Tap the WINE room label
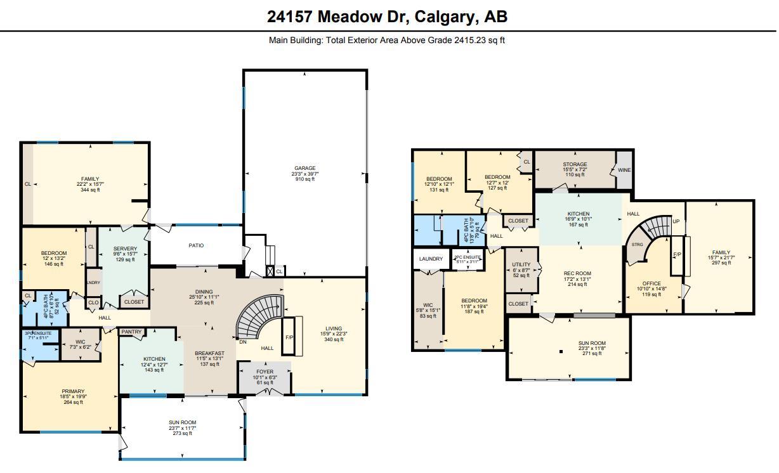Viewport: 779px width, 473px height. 624,170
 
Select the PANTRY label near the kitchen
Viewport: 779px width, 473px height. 131,332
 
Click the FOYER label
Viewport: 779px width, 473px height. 265,372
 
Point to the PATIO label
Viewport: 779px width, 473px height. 196,245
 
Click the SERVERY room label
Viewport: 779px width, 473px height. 125,249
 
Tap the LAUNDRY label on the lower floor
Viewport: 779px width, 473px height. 431,259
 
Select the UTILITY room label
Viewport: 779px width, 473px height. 521,264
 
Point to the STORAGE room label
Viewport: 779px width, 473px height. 575,164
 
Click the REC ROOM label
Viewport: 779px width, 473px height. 577,273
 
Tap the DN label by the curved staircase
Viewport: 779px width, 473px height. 242,341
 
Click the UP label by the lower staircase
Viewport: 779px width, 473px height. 676,222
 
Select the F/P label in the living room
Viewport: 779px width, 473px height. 289,337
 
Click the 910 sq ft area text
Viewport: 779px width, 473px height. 304,179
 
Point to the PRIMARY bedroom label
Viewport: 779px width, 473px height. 73,391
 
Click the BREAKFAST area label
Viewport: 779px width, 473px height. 209,353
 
